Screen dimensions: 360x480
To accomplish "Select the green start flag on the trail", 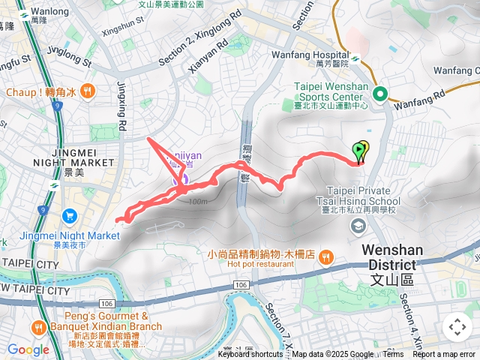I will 358,151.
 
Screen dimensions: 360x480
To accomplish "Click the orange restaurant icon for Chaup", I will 88,91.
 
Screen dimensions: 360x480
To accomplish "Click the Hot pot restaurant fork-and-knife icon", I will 325,257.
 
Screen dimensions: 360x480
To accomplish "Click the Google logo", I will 28,349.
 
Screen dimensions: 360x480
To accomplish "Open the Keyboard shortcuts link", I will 250,355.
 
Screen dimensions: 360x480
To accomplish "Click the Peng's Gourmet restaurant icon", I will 37,328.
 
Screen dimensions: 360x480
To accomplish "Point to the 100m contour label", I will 198,202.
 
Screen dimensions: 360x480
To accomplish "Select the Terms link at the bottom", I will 392,355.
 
